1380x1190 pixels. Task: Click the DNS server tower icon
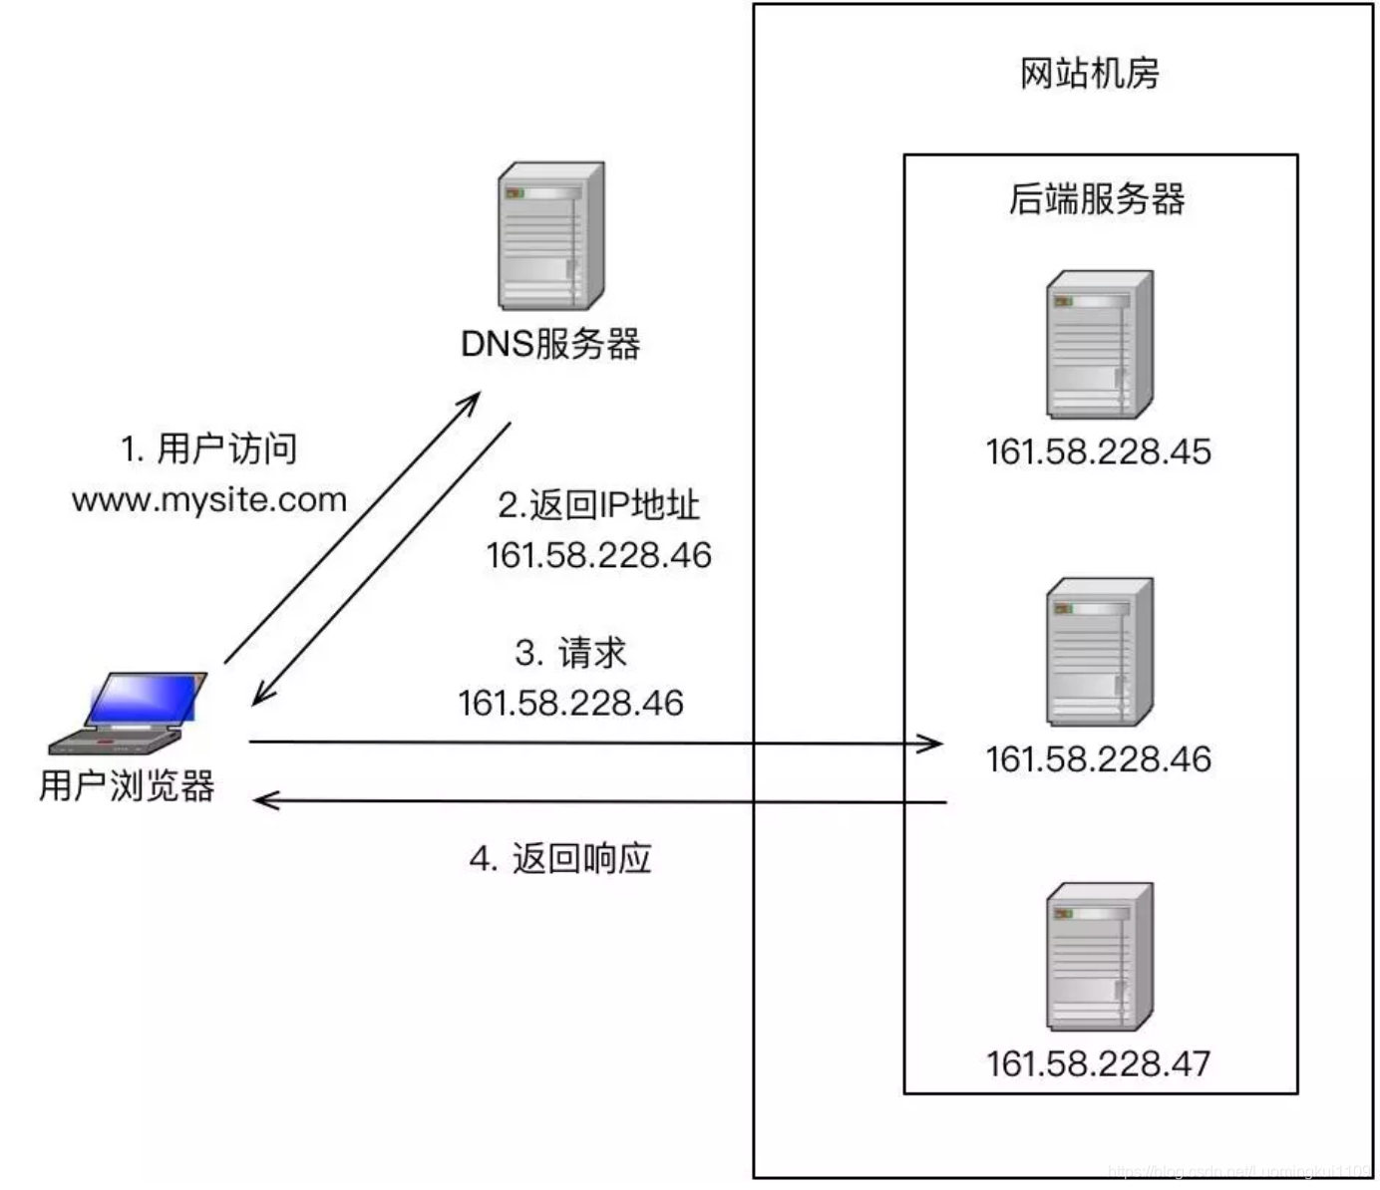coord(550,235)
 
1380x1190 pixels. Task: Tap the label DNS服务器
coord(550,344)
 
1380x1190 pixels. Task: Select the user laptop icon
coord(130,714)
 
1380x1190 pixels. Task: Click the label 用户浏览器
coord(127,785)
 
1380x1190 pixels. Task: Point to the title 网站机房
coord(1089,74)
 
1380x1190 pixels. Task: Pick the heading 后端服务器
coord(1097,199)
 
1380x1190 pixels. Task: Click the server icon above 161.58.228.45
coord(1099,344)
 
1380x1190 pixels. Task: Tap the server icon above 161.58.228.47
coord(1099,957)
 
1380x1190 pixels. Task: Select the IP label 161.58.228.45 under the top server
coord(1098,451)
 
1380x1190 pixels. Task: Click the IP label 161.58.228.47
coord(1098,1063)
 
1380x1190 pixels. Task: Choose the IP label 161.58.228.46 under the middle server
coord(1098,759)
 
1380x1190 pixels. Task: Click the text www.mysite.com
coord(209,499)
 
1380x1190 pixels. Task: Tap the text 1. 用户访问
coord(208,448)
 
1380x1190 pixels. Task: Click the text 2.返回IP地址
coord(598,505)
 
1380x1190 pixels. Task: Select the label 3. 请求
coord(570,653)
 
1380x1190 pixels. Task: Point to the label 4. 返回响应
coord(560,858)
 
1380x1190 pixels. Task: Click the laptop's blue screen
coord(145,699)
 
